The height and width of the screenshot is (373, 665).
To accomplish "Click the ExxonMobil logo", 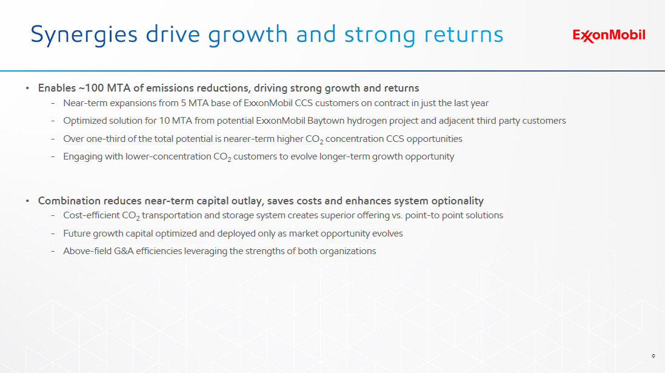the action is click(x=609, y=36).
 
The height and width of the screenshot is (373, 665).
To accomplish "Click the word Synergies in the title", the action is click(x=84, y=35).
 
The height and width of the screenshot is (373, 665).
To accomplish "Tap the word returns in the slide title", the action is click(x=464, y=35).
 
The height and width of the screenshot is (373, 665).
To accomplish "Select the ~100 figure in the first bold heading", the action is click(x=91, y=88).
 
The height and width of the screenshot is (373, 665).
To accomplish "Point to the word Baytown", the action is click(x=326, y=121).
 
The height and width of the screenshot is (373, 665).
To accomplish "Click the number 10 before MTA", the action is click(x=164, y=121).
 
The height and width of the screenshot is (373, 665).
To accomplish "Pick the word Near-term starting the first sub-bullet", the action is click(x=85, y=103).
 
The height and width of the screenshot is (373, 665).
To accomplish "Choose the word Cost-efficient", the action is click(x=91, y=215).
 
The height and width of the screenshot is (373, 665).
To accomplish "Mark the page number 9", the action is click(x=653, y=356).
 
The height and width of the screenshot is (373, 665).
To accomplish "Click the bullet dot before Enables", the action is click(x=27, y=88).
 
